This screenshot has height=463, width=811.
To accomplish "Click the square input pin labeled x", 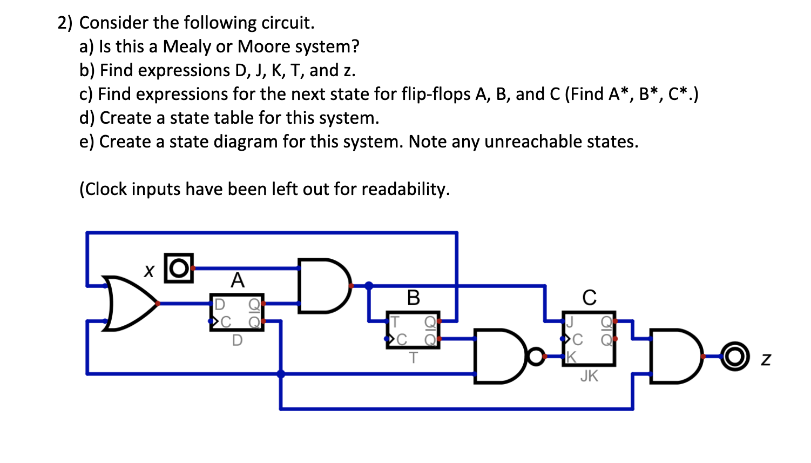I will (x=178, y=268).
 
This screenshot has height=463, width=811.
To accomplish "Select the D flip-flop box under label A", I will (x=236, y=312).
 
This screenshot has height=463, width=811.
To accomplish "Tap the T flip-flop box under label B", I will (x=413, y=330).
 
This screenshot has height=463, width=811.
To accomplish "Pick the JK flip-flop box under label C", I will (x=589, y=339).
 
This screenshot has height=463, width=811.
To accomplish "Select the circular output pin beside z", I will (x=735, y=357).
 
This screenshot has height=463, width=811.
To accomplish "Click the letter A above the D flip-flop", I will (x=238, y=280).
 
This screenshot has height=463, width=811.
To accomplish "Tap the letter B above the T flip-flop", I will (x=413, y=298).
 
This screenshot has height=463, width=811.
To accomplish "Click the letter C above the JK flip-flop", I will (x=589, y=298).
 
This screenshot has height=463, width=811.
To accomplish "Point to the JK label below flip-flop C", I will (x=589, y=376).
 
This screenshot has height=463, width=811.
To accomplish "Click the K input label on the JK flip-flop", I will (x=571, y=357).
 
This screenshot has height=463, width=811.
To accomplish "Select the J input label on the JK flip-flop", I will (x=569, y=322).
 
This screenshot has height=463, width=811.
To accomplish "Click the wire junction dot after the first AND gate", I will (x=369, y=286).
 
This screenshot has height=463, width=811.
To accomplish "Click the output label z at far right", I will (x=766, y=359).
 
